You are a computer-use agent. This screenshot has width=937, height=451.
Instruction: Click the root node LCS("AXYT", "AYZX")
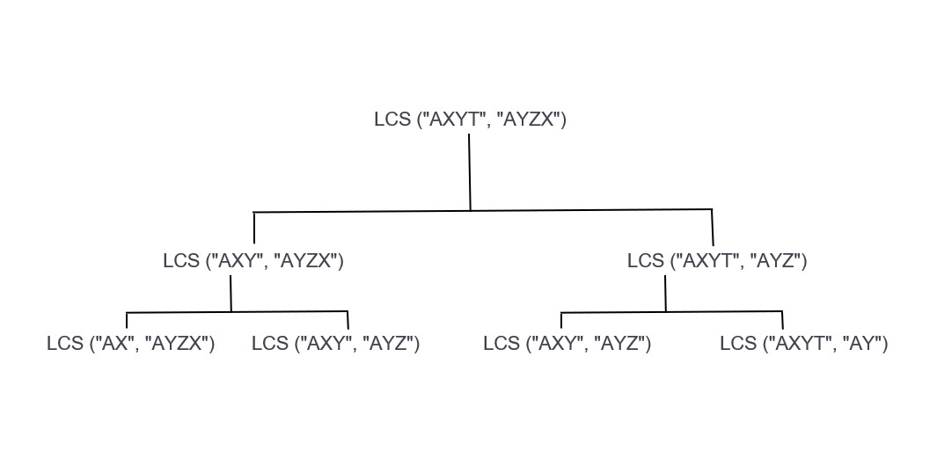point(470,120)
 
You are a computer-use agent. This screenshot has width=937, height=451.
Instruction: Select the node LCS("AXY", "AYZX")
point(253,261)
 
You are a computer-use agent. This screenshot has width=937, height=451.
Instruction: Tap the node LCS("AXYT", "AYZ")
point(716,261)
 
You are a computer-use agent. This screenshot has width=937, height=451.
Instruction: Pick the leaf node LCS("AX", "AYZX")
point(130,344)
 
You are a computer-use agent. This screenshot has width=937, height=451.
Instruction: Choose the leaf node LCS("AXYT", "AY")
point(803,344)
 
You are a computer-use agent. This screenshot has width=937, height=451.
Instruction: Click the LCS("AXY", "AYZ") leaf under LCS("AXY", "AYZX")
point(335,344)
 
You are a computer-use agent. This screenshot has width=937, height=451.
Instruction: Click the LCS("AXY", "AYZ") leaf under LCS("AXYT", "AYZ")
point(567,344)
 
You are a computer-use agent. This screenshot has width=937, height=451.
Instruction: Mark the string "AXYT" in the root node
point(452,120)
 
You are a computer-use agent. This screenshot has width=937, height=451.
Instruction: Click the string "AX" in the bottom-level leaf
point(114,344)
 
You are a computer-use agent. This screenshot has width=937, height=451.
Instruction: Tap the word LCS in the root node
point(392,120)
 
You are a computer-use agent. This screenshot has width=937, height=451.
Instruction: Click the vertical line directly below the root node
point(470,172)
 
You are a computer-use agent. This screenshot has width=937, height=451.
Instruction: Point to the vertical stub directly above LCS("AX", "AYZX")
point(127,320)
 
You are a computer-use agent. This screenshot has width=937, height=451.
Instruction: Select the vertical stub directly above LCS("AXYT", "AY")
point(782,320)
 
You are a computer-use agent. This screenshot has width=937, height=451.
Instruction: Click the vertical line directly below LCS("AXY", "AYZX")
point(231,294)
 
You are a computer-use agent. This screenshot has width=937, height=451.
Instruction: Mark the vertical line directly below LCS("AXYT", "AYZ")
point(665,294)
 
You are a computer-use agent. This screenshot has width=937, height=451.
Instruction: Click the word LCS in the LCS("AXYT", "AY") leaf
point(738,344)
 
